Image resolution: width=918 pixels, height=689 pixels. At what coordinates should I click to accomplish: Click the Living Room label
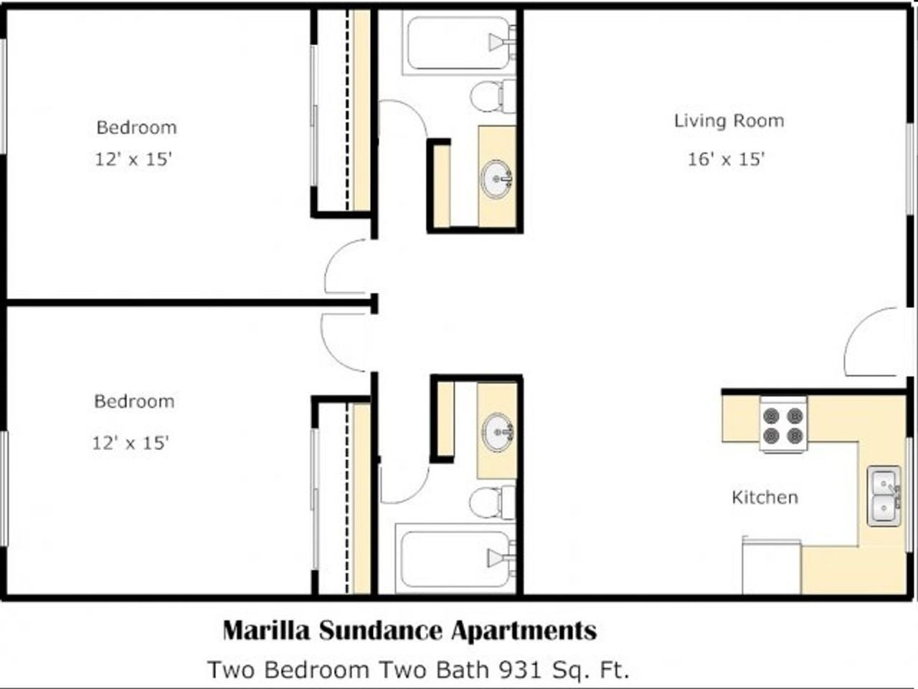729,121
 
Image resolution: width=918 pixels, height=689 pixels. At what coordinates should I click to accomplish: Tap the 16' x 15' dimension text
726,159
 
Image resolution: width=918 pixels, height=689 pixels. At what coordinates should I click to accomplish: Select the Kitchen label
765,497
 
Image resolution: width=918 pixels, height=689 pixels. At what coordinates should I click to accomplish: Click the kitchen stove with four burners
782,425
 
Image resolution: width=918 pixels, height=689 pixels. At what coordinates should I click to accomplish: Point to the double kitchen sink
884,496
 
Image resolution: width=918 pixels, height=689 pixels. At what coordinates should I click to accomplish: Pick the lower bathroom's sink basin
497,431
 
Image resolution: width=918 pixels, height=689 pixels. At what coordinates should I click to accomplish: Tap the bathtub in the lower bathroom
456,557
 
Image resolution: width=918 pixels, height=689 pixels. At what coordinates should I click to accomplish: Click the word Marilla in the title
266,631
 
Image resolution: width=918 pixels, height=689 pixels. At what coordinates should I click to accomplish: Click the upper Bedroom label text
136,128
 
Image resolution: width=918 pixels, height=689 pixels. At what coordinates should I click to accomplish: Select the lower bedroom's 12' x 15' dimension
130,443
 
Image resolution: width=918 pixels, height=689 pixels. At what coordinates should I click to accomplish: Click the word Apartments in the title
524,631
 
